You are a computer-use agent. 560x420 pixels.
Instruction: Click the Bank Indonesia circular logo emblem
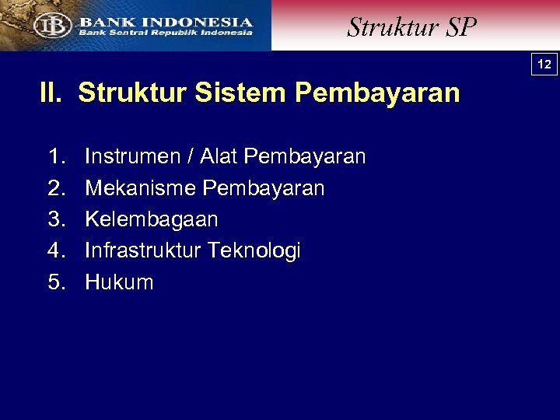tap(52, 25)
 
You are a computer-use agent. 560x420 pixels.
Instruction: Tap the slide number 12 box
tap(544, 65)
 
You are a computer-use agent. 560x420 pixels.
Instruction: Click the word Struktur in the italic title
tap(382, 27)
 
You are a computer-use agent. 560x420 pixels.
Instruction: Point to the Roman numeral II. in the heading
tap(52, 93)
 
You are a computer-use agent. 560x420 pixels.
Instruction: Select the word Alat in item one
tap(219, 157)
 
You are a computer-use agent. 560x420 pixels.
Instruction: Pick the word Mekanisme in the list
tap(139, 188)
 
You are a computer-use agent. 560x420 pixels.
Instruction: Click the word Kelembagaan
tap(152, 219)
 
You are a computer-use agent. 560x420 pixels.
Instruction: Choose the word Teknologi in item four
tap(254, 250)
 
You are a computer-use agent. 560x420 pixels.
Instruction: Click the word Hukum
tap(119, 282)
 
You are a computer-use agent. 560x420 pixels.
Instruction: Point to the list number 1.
tap(55, 157)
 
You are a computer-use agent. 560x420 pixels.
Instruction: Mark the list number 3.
tap(55, 219)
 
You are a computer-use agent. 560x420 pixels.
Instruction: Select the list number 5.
tap(55, 282)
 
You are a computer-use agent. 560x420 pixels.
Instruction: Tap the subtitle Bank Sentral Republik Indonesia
tap(166, 33)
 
